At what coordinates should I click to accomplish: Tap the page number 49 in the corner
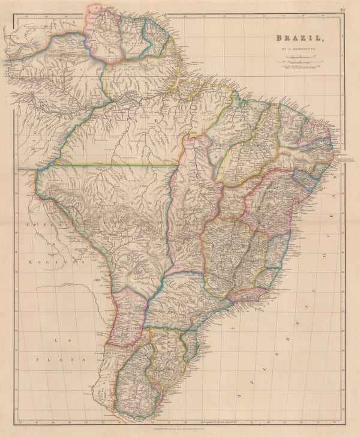pyautogui.click(x=341, y=8)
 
